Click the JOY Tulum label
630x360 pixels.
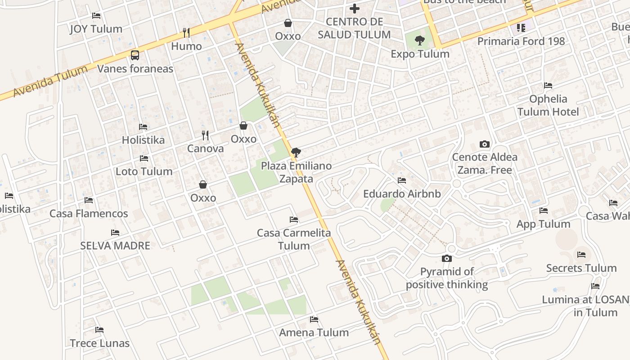click(x=96, y=29)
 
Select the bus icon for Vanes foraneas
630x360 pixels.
click(x=135, y=55)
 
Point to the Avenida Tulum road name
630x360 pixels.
click(x=50, y=81)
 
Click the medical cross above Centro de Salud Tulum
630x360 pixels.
click(x=355, y=8)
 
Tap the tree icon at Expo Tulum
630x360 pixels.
click(x=419, y=41)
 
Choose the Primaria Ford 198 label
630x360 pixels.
click(x=521, y=41)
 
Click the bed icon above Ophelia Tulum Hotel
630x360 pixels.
click(x=548, y=85)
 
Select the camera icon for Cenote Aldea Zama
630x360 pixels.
click(x=485, y=144)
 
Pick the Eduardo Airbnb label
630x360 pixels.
click(x=402, y=194)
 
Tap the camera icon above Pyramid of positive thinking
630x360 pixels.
click(x=446, y=258)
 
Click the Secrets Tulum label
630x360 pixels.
click(x=581, y=268)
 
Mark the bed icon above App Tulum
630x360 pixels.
click(x=544, y=211)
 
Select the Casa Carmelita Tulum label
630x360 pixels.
click(x=294, y=239)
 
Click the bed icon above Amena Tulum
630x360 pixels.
click(x=314, y=319)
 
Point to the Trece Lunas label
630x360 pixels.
click(x=99, y=343)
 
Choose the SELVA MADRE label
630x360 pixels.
click(x=115, y=246)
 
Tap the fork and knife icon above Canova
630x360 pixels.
click(x=205, y=135)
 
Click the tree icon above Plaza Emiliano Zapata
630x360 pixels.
click(x=296, y=152)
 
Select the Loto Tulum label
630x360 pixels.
click(x=144, y=171)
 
